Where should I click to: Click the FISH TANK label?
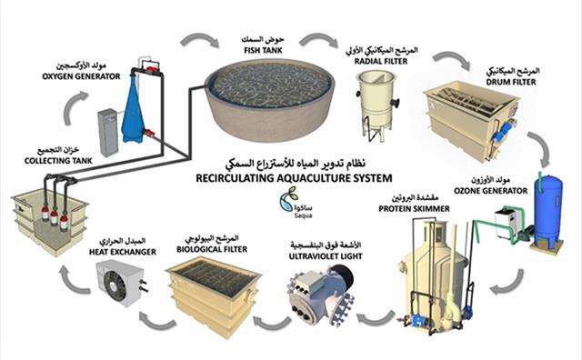point(263,50)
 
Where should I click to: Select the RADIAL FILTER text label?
point(381,61)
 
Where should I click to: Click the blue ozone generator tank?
point(548,210)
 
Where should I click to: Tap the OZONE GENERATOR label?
point(491,191)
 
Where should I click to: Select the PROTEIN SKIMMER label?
point(414,208)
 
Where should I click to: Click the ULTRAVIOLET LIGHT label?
point(326,256)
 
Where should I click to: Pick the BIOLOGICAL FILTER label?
point(212,249)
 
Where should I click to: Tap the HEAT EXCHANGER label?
point(123,252)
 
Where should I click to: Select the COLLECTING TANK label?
point(58,161)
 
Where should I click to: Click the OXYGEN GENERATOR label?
point(81,76)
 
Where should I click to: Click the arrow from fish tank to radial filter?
point(317,37)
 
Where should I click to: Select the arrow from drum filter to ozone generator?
point(543,145)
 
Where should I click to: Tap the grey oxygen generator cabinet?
point(108,132)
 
